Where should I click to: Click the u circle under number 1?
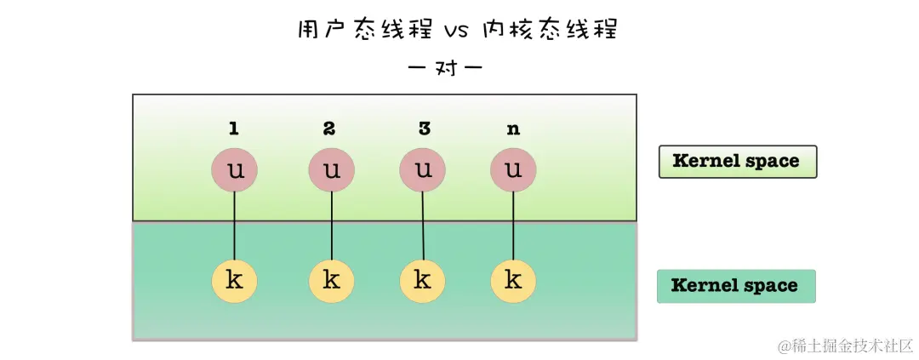pos(235,169)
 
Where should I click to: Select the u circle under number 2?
pos(332,169)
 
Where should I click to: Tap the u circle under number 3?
pos(422,169)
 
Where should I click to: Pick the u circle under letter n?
pos(513,169)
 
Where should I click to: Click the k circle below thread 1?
pos(235,280)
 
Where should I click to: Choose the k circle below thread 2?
pos(332,280)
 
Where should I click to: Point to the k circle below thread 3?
pos(423,280)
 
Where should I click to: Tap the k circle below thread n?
pos(513,280)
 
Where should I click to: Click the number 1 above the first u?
pos(234,129)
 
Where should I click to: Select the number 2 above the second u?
pos(330,129)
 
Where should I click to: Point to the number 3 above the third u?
pos(424,129)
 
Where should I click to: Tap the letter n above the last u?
pos(513,130)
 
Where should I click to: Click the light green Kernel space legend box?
pos(737,161)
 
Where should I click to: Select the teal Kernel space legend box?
pos(736,286)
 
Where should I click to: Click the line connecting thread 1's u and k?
pos(235,226)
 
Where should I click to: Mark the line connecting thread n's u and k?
pos(513,226)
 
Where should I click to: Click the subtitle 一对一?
pos(447,67)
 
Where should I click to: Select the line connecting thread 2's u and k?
pos(332,226)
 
